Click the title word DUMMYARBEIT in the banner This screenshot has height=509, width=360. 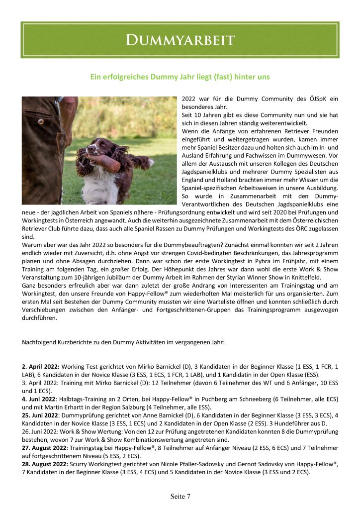pyautogui.click(x=180, y=40)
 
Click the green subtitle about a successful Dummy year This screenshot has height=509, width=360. pyautogui.click(x=180, y=77)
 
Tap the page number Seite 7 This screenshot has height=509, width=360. pyautogui.click(x=180, y=496)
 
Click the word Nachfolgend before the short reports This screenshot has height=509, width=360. pyautogui.click(x=38, y=342)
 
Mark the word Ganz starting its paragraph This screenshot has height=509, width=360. pyautogui.click(x=30, y=285)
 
